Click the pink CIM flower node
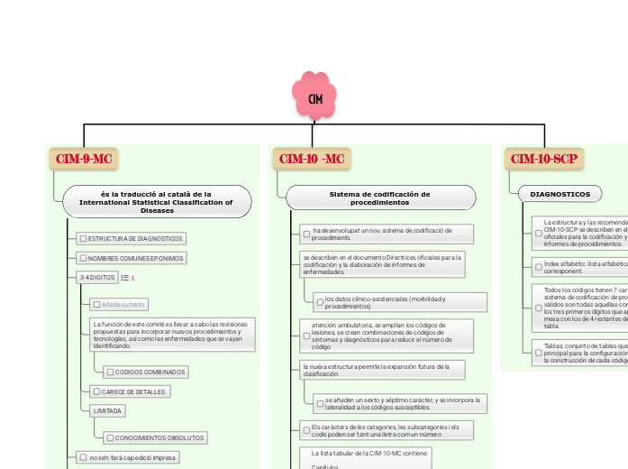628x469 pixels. click(x=314, y=97)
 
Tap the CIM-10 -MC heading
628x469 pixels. click(x=312, y=159)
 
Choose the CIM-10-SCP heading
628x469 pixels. click(x=544, y=159)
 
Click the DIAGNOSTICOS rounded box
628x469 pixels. click(x=560, y=194)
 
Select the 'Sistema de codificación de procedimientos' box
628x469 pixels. click(x=380, y=198)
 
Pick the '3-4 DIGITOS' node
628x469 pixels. click(x=96, y=277)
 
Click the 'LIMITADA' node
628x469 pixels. click(x=107, y=410)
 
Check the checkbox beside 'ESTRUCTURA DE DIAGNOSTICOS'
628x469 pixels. click(x=83, y=238)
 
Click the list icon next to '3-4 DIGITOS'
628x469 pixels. click(x=124, y=278)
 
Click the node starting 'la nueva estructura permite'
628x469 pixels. click(x=382, y=370)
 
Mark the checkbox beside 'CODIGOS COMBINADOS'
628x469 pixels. click(x=109, y=372)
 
